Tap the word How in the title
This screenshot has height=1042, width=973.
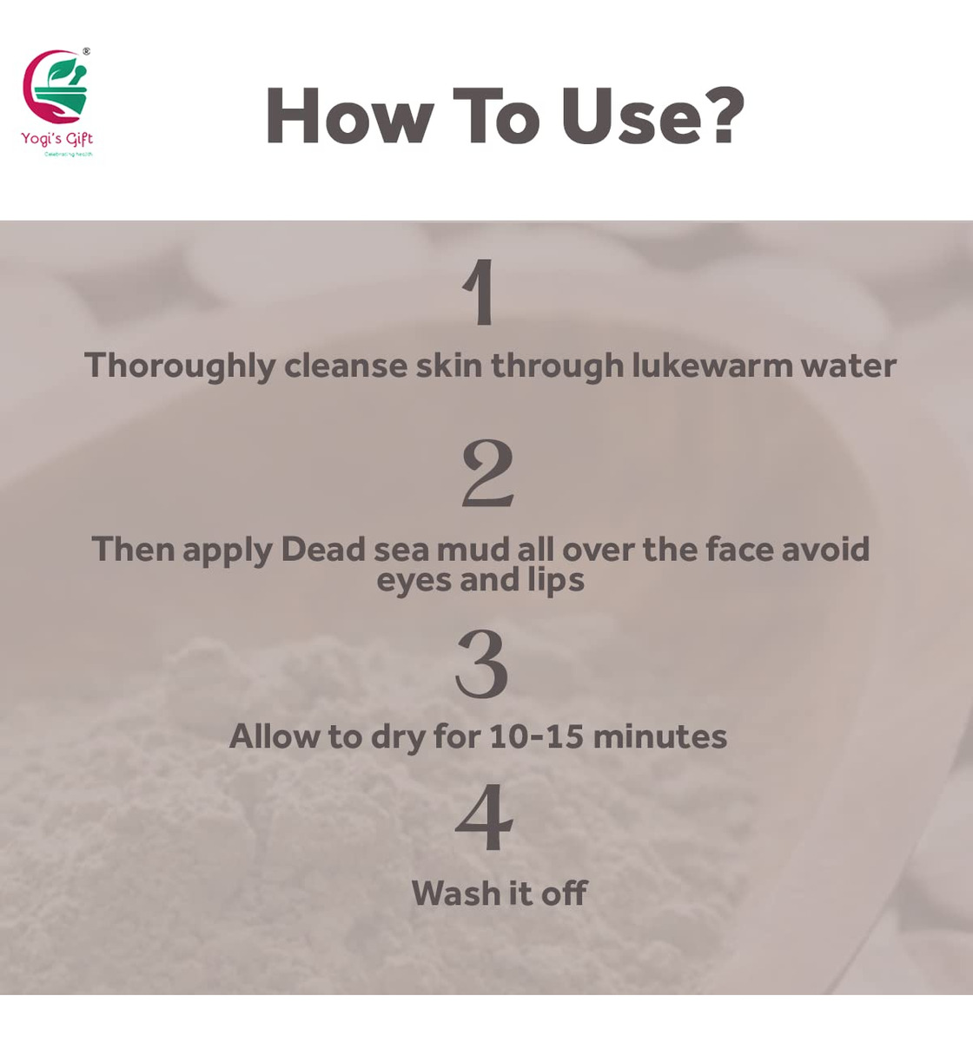350,115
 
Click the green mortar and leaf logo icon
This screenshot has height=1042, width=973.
59,87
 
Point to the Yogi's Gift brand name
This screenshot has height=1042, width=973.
56,139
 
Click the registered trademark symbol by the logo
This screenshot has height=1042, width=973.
86,51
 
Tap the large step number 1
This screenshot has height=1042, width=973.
479,292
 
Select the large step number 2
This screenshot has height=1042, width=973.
487,473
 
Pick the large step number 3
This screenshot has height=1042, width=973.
481,663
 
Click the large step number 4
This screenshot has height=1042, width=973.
484,817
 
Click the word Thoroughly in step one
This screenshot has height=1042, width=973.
180,366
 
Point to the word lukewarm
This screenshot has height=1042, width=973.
712,366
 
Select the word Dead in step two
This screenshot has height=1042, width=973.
323,550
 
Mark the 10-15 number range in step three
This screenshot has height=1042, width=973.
536,736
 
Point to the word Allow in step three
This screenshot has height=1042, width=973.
275,736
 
